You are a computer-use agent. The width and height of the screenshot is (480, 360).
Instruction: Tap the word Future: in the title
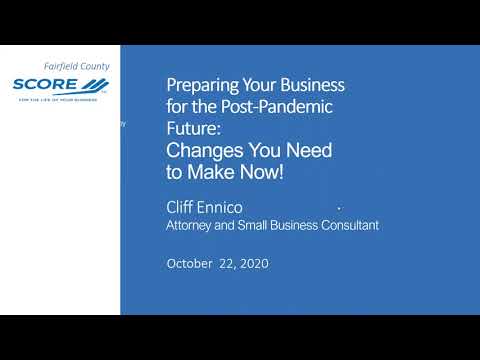tap(190, 129)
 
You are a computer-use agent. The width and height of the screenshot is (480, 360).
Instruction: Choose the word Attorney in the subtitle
tap(191, 226)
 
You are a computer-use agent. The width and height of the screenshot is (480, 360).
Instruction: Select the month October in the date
tap(190, 264)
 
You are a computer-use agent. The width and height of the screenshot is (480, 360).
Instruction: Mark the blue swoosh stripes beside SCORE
tap(96, 84)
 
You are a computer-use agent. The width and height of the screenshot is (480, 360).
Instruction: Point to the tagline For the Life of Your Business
tap(62, 98)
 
